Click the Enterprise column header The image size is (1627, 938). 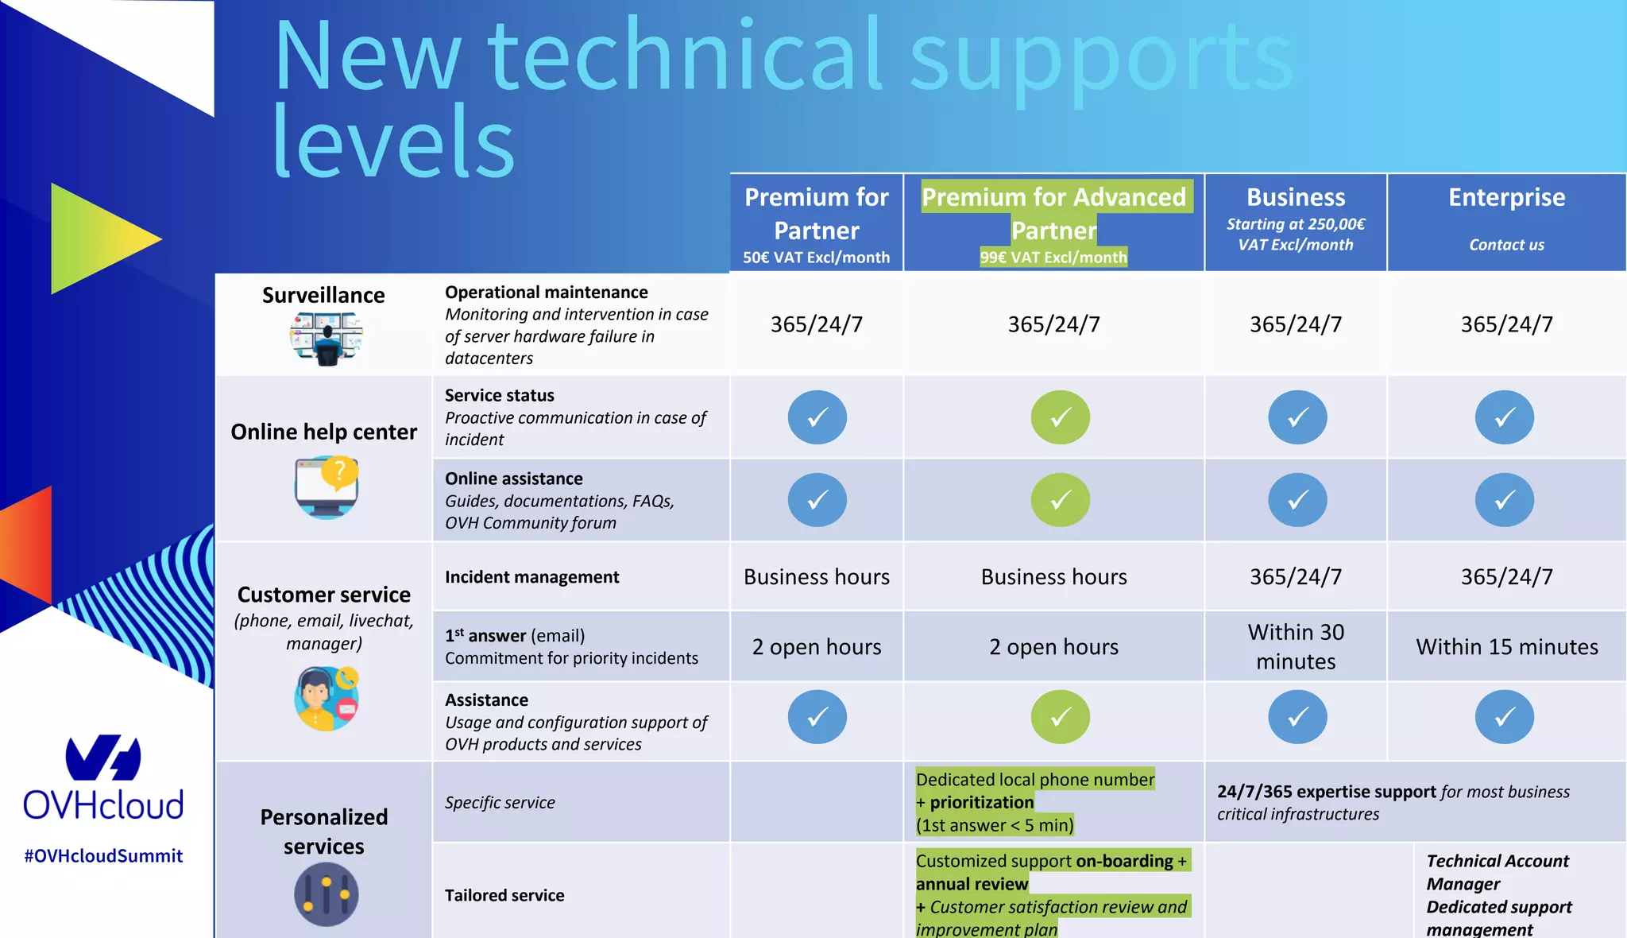point(1506,197)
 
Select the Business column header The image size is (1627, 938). point(1296,197)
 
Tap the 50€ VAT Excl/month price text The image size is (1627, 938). point(816,258)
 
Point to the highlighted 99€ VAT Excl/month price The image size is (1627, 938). point(1053,258)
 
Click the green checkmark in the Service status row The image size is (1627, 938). point(1060,417)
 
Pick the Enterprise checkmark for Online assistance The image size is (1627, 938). point(1504,500)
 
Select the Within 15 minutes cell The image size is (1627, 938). point(1506,647)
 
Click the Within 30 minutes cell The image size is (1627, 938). point(1296,646)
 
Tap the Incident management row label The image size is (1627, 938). point(531,577)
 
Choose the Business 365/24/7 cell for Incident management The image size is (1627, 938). point(1296,577)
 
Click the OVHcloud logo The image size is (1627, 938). point(103,779)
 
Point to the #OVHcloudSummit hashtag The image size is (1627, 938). point(103,856)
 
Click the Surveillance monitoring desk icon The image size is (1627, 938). point(326,338)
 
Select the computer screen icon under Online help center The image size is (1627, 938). point(327,486)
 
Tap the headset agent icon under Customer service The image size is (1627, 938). point(326,699)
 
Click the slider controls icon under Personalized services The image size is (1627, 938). point(326,894)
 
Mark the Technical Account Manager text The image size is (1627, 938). point(1498,872)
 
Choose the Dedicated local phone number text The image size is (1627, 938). point(1034,780)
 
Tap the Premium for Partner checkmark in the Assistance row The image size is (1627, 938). point(817,717)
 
